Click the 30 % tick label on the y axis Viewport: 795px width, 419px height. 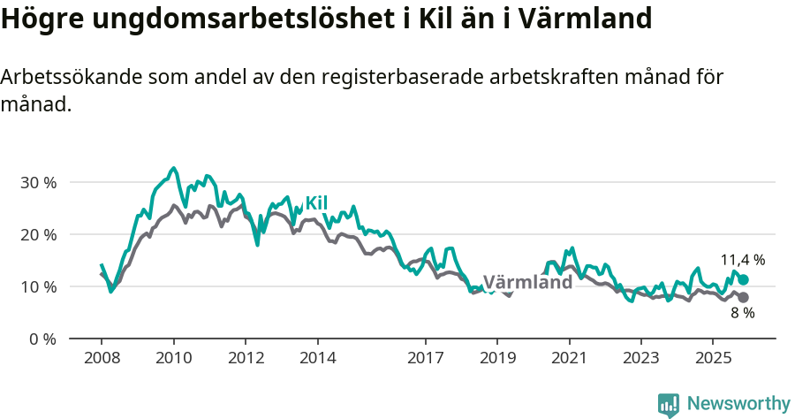pos(38,182)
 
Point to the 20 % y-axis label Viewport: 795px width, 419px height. pos(38,234)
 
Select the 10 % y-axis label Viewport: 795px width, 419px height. pos(38,286)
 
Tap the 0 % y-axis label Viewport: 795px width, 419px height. pos(42,339)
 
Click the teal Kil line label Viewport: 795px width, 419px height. pos(316,203)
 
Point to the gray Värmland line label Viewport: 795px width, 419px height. pos(527,283)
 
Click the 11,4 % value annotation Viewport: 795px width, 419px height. pos(742,260)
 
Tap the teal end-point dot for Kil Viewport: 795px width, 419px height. pos(744,279)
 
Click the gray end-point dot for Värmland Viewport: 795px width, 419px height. pos(744,297)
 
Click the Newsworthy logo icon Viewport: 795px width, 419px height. pos(669,405)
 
